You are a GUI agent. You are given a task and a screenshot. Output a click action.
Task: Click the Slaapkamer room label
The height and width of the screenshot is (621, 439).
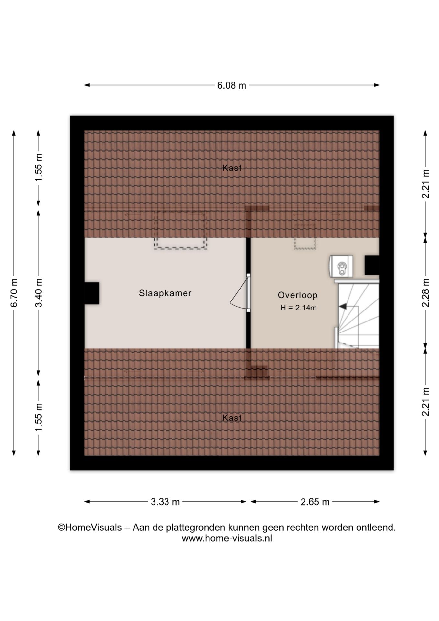(165, 293)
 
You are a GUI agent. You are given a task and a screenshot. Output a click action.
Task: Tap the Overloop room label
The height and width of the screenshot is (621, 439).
(298, 295)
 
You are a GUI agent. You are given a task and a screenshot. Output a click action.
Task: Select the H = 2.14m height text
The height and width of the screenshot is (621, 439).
(299, 308)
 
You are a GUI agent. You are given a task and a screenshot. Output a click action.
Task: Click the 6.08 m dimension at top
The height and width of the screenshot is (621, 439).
(231, 85)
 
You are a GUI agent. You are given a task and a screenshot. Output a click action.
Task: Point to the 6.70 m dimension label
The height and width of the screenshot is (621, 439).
(14, 293)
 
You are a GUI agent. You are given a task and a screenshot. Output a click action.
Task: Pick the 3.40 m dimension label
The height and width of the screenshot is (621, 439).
(39, 293)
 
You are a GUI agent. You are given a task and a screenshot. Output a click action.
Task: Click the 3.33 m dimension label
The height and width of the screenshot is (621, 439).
(165, 502)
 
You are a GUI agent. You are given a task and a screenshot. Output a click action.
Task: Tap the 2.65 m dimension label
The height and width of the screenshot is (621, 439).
(315, 502)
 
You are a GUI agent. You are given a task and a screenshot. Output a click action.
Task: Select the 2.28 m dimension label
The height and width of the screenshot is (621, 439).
(426, 293)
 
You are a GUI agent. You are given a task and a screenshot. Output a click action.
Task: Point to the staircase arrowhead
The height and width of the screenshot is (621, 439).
(342, 306)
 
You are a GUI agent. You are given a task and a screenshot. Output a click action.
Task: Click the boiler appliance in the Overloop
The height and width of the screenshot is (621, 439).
(341, 266)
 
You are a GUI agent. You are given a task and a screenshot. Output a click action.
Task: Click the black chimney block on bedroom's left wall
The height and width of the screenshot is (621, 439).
(92, 293)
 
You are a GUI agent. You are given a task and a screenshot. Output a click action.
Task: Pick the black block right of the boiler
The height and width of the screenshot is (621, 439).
(372, 265)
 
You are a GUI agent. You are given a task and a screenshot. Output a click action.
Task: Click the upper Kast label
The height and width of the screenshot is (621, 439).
(232, 168)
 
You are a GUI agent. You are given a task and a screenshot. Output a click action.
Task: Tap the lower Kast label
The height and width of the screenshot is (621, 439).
(232, 418)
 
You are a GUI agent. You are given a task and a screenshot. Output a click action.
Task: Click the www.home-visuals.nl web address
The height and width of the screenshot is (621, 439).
(227, 539)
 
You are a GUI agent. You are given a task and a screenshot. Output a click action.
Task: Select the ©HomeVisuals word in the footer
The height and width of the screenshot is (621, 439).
(90, 528)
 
